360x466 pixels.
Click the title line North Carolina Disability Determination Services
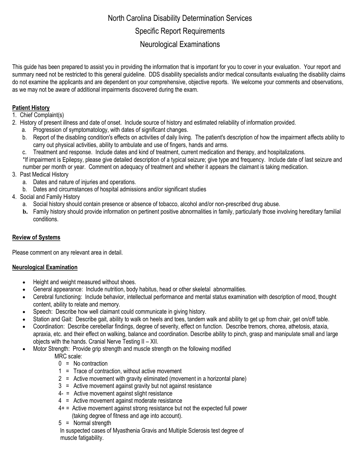pyautogui.click(x=180, y=18)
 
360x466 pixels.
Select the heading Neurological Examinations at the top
pyautogui.click(x=180, y=44)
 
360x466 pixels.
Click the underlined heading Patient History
pyautogui.click(x=31, y=108)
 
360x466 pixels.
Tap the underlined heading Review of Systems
pyautogui.click(x=36, y=238)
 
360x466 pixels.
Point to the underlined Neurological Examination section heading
pyautogui.click(x=45, y=267)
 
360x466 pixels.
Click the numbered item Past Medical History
pyautogui.click(x=44, y=175)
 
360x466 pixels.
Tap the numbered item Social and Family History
pyautogui.click(x=50, y=197)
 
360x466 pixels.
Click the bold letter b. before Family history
pyautogui.click(x=25, y=212)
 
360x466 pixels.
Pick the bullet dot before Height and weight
pyautogui.click(x=24, y=282)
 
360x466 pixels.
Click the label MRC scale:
pyautogui.click(x=68, y=356)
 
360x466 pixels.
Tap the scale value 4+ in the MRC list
pyautogui.click(x=61, y=408)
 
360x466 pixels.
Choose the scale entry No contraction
pyautogui.click(x=90, y=364)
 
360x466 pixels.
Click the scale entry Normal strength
pyautogui.click(x=92, y=423)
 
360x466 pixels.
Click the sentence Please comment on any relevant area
pyautogui.click(x=67, y=253)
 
